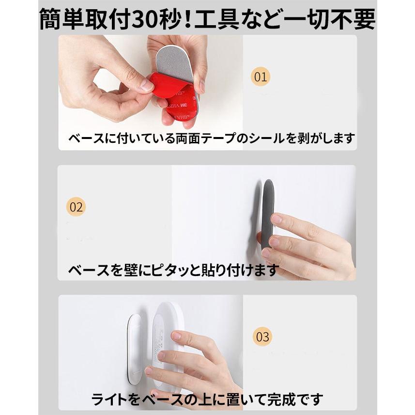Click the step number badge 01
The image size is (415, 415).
[x=261, y=77]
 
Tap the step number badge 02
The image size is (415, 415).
[x=76, y=207]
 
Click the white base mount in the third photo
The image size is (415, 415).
[x=134, y=349]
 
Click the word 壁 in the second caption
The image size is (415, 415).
[x=128, y=269]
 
